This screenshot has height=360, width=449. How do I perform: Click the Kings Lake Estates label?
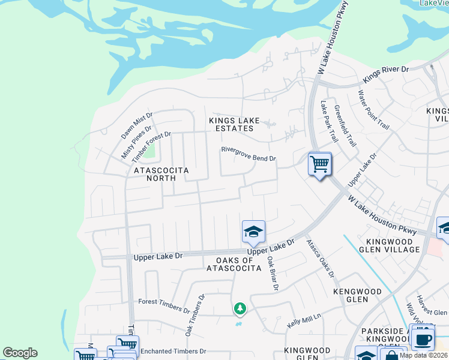click(234, 124)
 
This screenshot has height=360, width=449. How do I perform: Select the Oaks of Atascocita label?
click(234, 264)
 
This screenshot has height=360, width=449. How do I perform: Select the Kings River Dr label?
click(386, 74)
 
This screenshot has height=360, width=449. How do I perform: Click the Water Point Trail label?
click(373, 109)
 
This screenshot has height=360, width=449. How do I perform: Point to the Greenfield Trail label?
click(345, 126)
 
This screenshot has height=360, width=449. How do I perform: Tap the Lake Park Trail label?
click(330, 122)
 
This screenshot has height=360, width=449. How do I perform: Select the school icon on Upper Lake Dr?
click(253, 232)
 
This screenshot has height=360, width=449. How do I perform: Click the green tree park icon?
click(240, 308)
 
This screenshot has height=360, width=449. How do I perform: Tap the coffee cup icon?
click(423, 338)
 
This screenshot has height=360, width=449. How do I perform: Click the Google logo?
click(20, 353)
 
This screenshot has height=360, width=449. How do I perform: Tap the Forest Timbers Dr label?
click(164, 306)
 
